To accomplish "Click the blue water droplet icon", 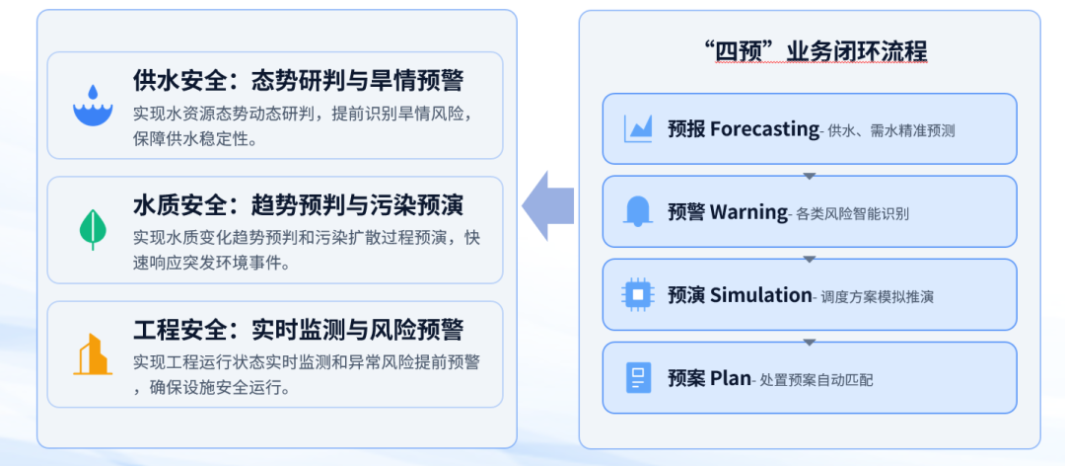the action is point(93,105).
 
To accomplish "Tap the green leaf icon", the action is point(93,229).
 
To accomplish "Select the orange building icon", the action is point(93,354).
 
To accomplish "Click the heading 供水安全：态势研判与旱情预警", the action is point(298,81).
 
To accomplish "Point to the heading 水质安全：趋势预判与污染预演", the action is point(298,204).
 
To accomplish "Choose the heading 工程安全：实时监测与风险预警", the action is point(298,330).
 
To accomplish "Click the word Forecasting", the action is point(765,129).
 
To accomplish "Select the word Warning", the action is point(748,212).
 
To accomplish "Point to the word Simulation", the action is point(760,295).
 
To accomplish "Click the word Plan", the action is point(731,378).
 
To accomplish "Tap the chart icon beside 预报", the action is point(638,128).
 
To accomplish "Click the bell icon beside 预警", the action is point(638,211).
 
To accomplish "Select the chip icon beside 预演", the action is point(638,294).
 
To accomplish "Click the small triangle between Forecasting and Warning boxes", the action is point(809,176).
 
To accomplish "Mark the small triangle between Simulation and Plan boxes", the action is point(809,343).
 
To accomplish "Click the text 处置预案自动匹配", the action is point(816,380).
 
